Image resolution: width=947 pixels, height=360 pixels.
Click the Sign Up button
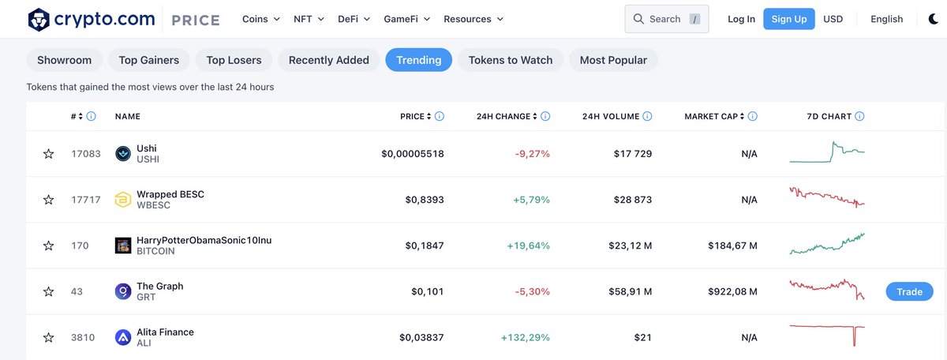tap(788, 19)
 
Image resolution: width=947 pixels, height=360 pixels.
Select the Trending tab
tap(418, 60)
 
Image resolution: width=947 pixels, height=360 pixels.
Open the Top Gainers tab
tap(148, 60)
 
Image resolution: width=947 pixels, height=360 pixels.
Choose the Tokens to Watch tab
tap(511, 60)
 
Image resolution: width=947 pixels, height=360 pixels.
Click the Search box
tap(666, 19)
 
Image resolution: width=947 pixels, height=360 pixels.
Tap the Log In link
tap(741, 19)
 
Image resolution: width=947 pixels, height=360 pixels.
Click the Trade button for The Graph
tap(909, 291)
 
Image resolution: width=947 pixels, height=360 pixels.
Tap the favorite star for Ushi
tap(49, 154)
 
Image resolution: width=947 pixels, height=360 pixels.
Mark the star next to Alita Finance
tap(49, 338)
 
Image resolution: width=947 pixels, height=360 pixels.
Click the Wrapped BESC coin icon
tap(122, 200)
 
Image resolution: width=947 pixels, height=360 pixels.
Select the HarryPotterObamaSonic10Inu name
tap(204, 240)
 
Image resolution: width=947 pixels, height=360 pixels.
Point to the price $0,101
tap(427, 292)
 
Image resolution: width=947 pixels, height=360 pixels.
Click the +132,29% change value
tap(525, 338)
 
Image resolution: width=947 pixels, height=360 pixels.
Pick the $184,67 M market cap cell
tap(732, 246)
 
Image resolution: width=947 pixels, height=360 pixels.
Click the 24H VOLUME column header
tap(610, 116)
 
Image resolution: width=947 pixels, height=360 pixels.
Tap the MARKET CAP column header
tap(713, 116)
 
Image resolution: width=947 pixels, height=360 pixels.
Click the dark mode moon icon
tap(933, 19)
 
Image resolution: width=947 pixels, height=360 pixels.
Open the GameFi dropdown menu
tap(407, 19)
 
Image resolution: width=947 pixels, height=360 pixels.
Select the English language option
tap(886, 19)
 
